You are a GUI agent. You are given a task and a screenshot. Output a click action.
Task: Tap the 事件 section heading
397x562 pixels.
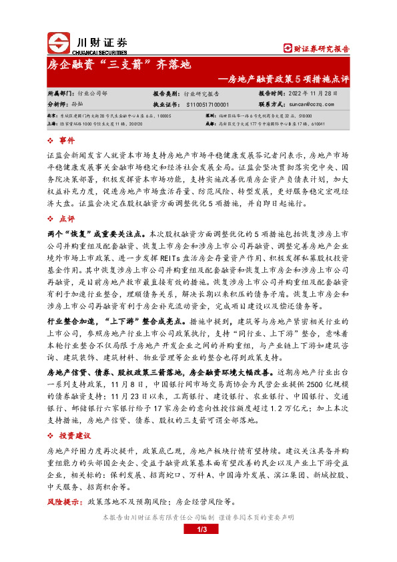(67, 141)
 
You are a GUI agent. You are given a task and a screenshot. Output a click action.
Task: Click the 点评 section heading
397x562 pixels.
(67, 218)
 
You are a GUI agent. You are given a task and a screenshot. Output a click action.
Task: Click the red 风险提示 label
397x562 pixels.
(65, 501)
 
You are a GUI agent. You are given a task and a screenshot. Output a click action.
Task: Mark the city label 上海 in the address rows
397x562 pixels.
(53, 124)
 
